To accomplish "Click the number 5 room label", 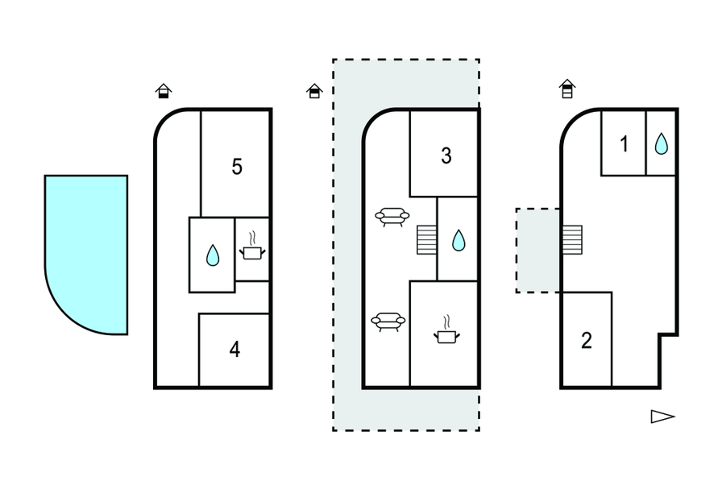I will tap(236, 167).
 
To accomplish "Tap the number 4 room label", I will tap(234, 350).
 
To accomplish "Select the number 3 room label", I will tap(446, 156).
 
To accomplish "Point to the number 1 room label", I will tap(624, 145).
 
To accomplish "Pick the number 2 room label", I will tap(587, 340).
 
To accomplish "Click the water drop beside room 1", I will tap(661, 144).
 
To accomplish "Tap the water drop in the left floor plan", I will tap(213, 255).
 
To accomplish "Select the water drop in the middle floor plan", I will tap(459, 240).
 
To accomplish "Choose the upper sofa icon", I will tap(392, 217).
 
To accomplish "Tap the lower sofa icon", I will tap(388, 322).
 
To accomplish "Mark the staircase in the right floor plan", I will tap(571, 238).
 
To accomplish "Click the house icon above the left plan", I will tap(164, 90).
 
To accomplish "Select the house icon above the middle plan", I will tap(314, 91).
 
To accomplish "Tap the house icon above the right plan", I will tap(567, 89).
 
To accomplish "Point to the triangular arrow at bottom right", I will tap(662, 417).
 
